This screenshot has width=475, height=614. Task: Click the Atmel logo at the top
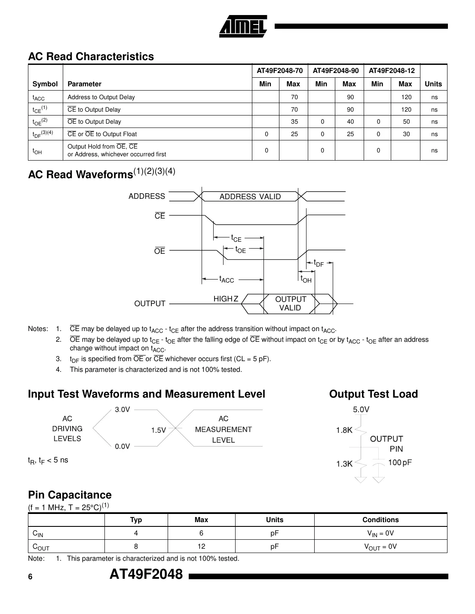click(x=243, y=26)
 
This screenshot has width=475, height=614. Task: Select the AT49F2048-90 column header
click(x=335, y=70)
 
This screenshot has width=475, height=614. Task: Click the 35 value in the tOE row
click(x=294, y=122)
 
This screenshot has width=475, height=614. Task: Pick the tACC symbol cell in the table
click(x=39, y=97)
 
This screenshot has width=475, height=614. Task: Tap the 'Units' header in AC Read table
click(x=433, y=84)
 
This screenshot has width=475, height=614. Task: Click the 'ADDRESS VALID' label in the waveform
click(x=250, y=197)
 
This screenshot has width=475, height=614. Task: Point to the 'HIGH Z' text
click(x=226, y=299)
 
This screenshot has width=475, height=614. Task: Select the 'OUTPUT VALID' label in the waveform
click(x=290, y=304)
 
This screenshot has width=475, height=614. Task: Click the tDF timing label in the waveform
click(x=318, y=263)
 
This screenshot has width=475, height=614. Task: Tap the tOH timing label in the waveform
click(x=306, y=280)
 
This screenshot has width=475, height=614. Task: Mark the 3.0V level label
click(x=122, y=410)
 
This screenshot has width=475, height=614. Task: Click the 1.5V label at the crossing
click(x=158, y=430)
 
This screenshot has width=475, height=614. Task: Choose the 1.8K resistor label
click(x=344, y=430)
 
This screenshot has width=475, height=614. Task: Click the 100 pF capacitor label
click(x=400, y=462)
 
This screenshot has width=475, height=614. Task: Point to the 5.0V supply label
click(x=361, y=410)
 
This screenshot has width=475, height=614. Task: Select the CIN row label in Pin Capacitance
click(x=38, y=534)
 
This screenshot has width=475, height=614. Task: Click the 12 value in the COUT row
click(x=201, y=547)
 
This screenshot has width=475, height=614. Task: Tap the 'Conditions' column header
click(x=380, y=520)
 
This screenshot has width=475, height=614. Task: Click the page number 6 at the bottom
click(x=30, y=577)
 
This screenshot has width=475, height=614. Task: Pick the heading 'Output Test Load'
click(x=373, y=394)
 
